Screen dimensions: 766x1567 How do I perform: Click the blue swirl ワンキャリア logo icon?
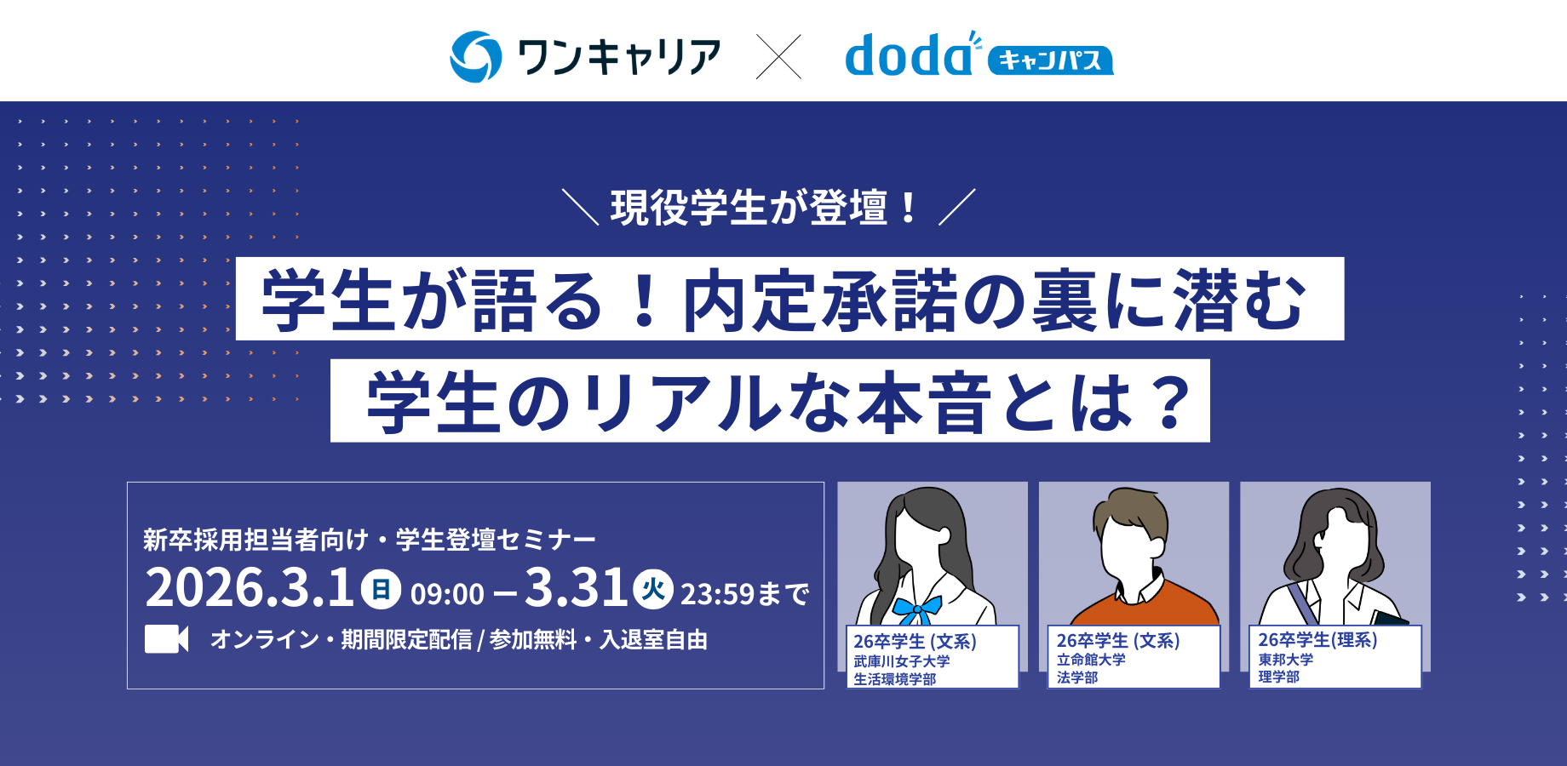[x=475, y=57]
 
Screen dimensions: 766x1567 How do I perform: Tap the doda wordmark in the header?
[x=908, y=56]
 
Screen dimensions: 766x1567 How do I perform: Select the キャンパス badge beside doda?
[x=1049, y=60]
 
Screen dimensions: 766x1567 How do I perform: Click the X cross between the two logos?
[x=778, y=57]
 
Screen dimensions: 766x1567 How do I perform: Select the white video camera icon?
[x=166, y=639]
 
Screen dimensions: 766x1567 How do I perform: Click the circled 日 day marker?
[x=381, y=589]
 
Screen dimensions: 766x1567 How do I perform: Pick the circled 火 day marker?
[x=652, y=589]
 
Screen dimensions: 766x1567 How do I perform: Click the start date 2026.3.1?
[x=249, y=588]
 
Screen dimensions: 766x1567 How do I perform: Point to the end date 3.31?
[x=577, y=588]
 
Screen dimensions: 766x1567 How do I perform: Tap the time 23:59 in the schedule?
[x=715, y=594]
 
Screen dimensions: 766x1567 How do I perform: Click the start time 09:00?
[x=447, y=594]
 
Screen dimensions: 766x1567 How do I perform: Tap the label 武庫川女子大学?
[x=902, y=661]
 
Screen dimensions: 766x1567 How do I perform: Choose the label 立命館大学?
[x=1091, y=660]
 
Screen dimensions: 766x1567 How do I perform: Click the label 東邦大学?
[x=1286, y=660]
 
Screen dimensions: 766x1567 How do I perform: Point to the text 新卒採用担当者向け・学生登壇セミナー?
[x=369, y=540]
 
